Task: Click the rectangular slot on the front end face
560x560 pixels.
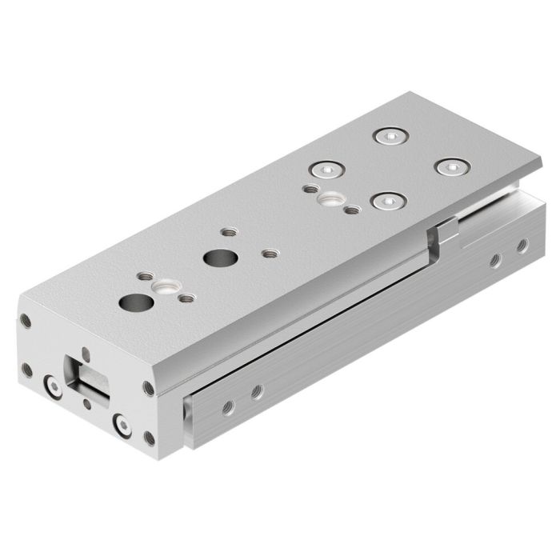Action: coord(89,376)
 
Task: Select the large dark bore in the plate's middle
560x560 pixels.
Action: coord(215,258)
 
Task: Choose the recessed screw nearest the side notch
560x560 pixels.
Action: coord(387,201)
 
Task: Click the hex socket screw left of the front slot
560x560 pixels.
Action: coord(53,388)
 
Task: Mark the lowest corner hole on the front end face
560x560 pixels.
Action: coord(149,438)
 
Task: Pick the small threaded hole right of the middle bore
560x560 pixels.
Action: coord(270,255)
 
